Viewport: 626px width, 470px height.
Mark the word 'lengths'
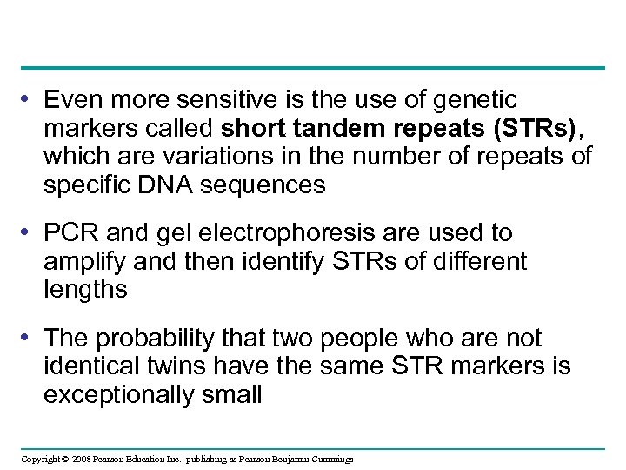click(85, 289)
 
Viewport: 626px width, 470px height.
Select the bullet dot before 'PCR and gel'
click(30, 232)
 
